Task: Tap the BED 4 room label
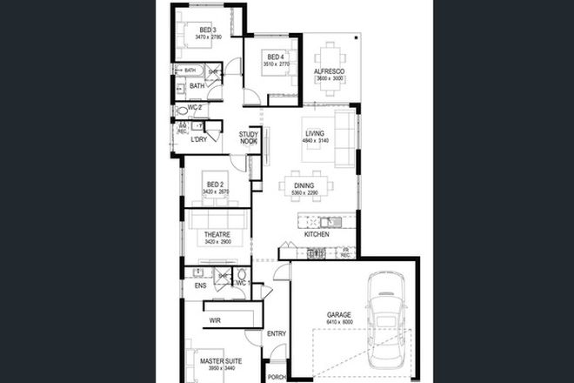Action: (x=276, y=57)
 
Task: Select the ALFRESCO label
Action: (x=330, y=70)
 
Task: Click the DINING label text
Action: (x=304, y=185)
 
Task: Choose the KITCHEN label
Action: (x=316, y=235)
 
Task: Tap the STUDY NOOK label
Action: (x=249, y=138)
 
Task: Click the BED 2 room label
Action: (x=214, y=185)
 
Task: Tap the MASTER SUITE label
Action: (x=220, y=360)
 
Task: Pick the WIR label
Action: (x=215, y=320)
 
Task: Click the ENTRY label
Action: (x=277, y=333)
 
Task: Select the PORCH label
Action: (x=277, y=377)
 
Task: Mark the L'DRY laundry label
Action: (x=200, y=139)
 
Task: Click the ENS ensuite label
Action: (x=200, y=285)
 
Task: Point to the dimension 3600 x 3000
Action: (x=330, y=78)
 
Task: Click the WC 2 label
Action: (x=195, y=108)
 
